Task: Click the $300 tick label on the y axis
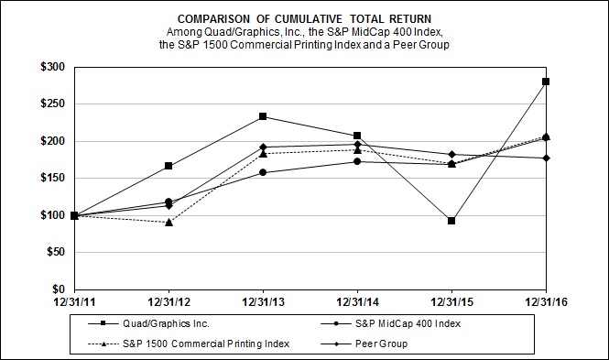tap(51, 68)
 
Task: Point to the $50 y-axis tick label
tap(54, 253)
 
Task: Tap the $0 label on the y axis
tap(58, 289)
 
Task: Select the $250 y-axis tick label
tap(51, 104)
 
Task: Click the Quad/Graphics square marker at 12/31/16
tap(546, 82)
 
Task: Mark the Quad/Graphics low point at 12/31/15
tap(451, 221)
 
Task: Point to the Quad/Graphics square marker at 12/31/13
tap(263, 116)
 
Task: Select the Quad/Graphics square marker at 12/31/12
tap(169, 166)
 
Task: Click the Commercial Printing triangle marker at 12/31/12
tap(169, 222)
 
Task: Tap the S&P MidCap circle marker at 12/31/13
tap(263, 172)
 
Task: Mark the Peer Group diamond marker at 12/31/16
tap(546, 158)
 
